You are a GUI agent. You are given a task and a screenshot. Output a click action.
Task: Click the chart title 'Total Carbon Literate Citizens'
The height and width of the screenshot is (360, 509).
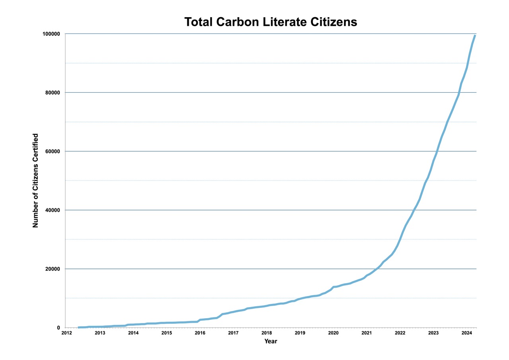[270, 22]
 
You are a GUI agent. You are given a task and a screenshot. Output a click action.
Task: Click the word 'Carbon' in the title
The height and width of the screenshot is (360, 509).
[237, 22]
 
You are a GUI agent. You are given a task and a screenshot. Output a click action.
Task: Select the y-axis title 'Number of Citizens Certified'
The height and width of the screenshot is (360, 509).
[35, 181]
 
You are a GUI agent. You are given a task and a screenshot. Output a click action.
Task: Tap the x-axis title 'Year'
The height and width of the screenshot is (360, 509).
[270, 341]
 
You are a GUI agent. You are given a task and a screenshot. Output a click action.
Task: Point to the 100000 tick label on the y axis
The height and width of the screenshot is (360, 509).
[51, 34]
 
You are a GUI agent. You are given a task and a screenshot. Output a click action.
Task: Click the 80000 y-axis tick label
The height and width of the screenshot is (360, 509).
[52, 93]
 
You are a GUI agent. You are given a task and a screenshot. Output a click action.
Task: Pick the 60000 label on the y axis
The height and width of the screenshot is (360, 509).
[52, 152]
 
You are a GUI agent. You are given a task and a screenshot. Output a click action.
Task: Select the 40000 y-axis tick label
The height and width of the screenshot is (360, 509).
[52, 210]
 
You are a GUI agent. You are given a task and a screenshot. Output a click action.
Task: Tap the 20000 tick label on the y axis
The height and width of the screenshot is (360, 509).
[52, 269]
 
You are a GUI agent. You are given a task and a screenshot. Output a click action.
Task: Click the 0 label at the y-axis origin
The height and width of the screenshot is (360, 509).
[58, 328]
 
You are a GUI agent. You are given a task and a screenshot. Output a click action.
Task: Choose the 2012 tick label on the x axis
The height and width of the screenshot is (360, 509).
[66, 333]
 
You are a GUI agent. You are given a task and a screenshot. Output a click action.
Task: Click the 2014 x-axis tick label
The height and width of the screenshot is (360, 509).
[133, 333]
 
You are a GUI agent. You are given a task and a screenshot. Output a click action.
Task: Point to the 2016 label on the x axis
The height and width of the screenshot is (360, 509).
[200, 333]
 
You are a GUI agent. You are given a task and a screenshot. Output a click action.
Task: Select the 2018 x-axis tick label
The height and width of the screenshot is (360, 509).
[266, 333]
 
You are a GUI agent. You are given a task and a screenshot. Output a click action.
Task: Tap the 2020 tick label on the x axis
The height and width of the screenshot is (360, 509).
[333, 333]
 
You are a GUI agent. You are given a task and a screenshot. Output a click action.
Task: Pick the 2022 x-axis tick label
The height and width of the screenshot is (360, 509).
[400, 333]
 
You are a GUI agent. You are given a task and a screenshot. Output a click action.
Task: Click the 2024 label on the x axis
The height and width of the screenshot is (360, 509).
[466, 333]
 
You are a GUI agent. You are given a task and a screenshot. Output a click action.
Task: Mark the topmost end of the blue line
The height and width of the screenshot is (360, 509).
[475, 35]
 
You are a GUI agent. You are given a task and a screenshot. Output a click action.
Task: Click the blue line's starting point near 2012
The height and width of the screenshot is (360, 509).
[79, 327]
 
